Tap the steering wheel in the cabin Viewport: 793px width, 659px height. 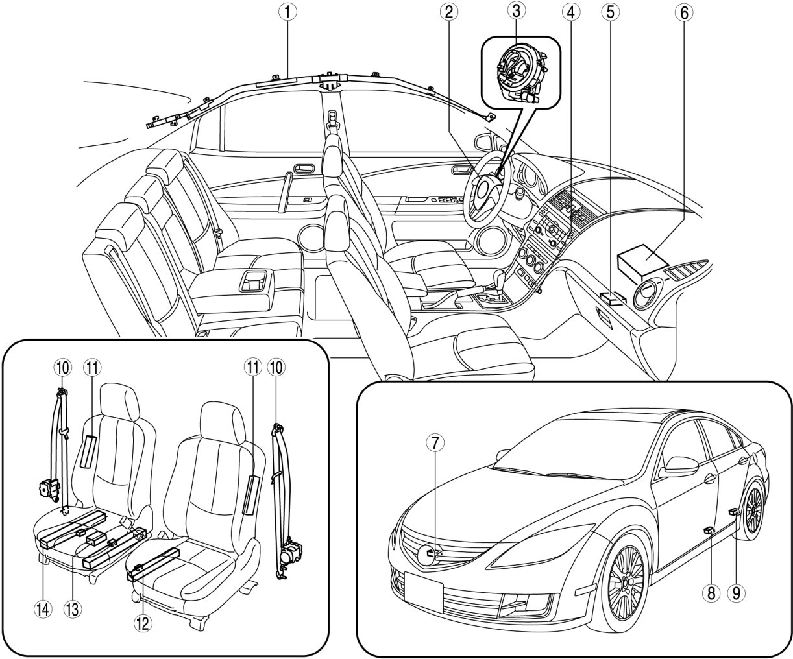click(487, 188)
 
